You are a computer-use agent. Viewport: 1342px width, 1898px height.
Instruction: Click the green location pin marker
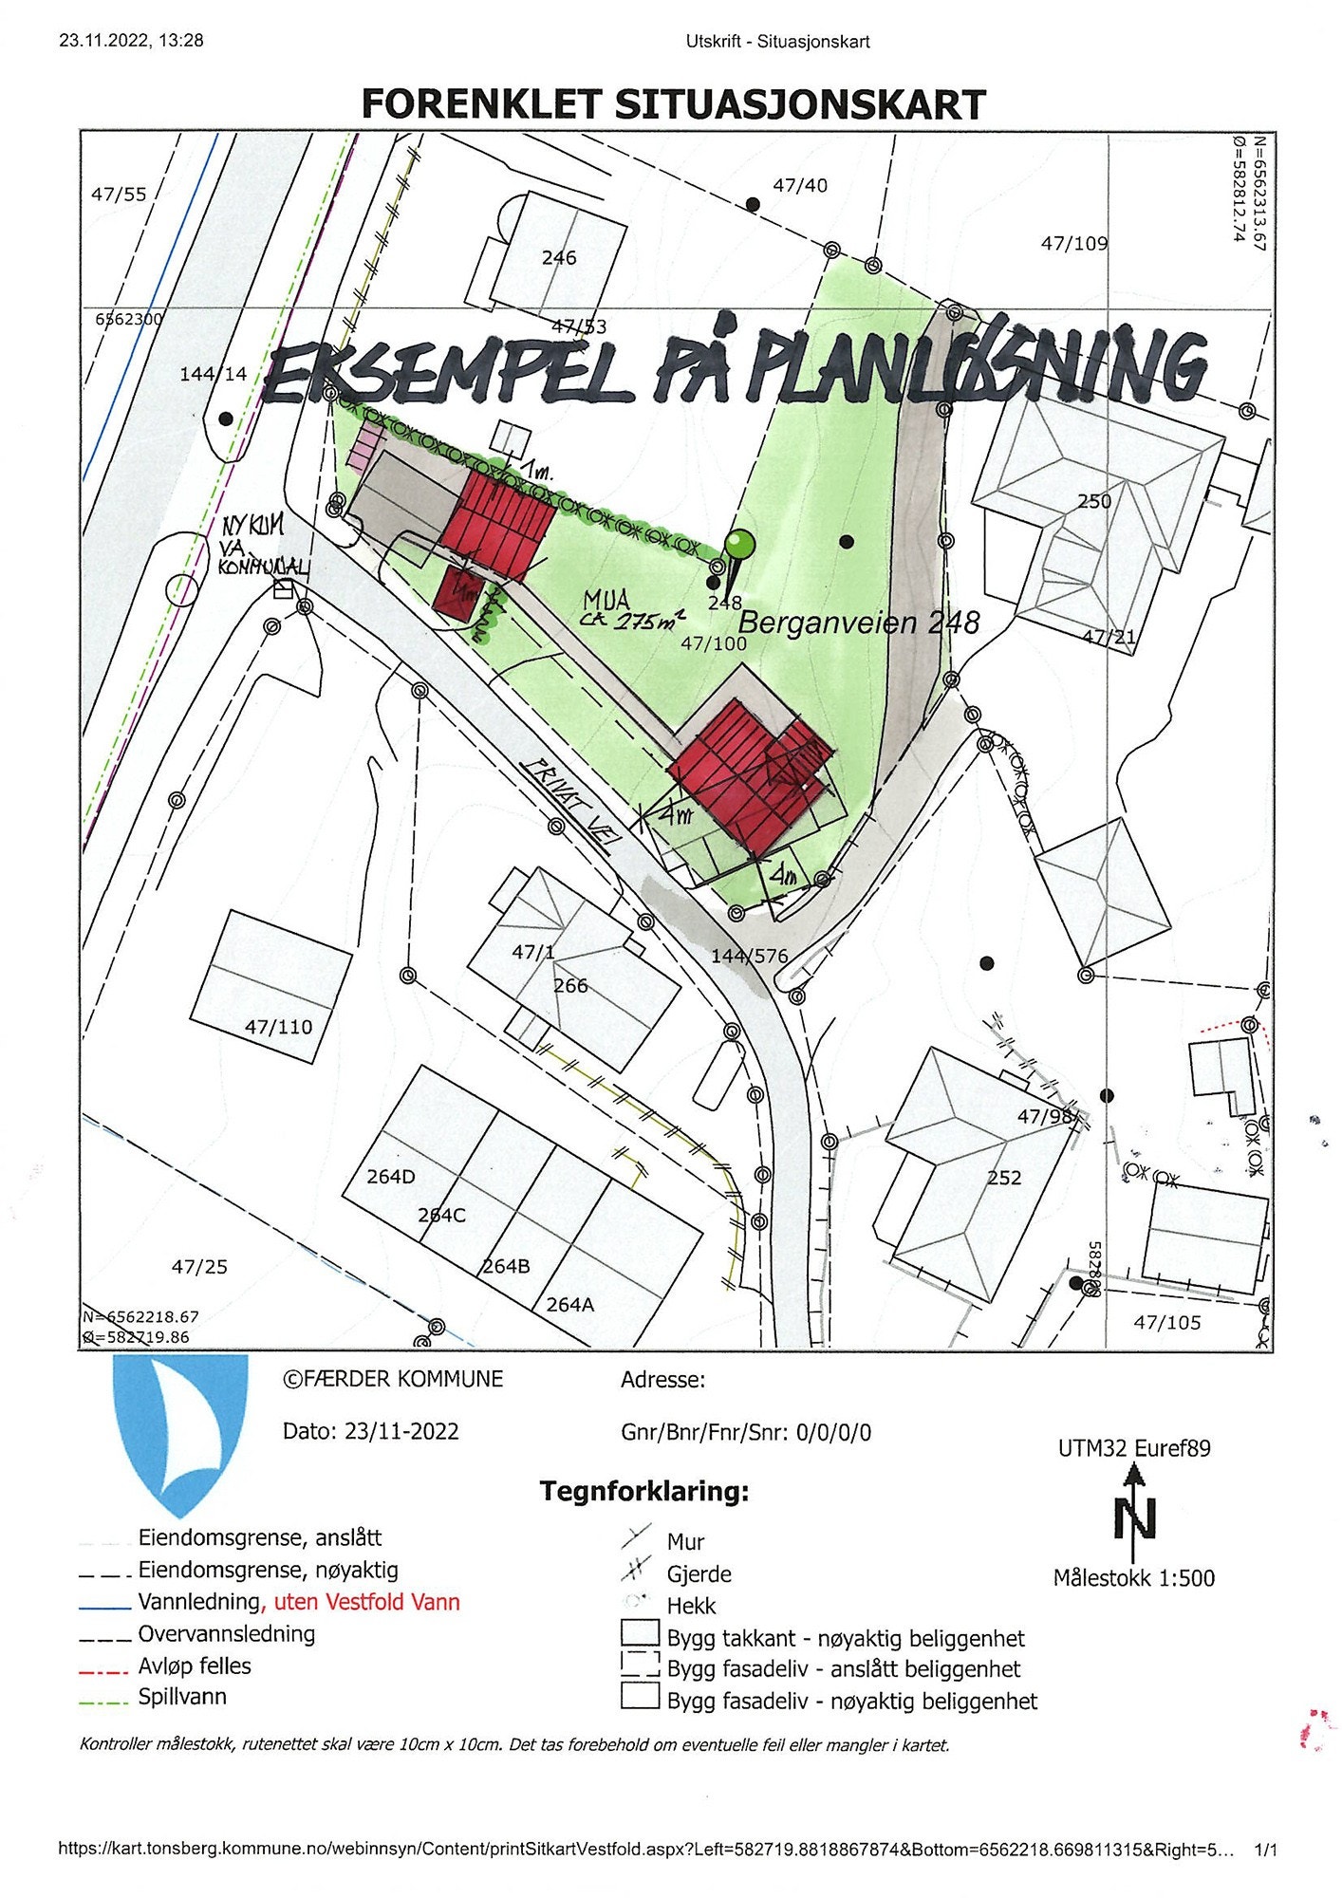click(738, 547)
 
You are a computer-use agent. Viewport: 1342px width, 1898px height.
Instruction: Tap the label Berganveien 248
click(858, 623)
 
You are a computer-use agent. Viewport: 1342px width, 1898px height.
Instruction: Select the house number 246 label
click(559, 258)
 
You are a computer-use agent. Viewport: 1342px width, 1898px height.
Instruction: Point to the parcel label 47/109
click(1073, 244)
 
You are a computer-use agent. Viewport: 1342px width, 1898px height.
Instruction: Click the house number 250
click(1093, 501)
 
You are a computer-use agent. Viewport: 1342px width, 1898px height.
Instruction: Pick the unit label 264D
click(391, 1177)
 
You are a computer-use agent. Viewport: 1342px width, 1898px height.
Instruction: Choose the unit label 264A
click(569, 1305)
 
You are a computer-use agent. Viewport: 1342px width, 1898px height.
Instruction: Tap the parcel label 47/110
click(278, 1027)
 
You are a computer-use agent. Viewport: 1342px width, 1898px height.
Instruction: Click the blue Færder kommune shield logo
click(180, 1433)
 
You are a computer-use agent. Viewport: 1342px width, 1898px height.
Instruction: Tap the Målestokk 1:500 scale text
click(1133, 1578)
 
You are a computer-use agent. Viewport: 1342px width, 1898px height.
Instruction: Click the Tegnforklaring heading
click(644, 1491)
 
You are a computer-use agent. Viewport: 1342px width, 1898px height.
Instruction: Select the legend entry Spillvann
click(182, 1697)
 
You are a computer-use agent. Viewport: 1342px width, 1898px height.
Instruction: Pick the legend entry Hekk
click(691, 1606)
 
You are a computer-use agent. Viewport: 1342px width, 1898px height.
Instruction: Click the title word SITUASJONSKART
click(801, 104)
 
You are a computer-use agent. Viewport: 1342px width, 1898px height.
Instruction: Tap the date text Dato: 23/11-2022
click(370, 1431)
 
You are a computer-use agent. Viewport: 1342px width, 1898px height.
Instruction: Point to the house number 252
click(1004, 1178)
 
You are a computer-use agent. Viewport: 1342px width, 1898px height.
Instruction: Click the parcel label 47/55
click(119, 195)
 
